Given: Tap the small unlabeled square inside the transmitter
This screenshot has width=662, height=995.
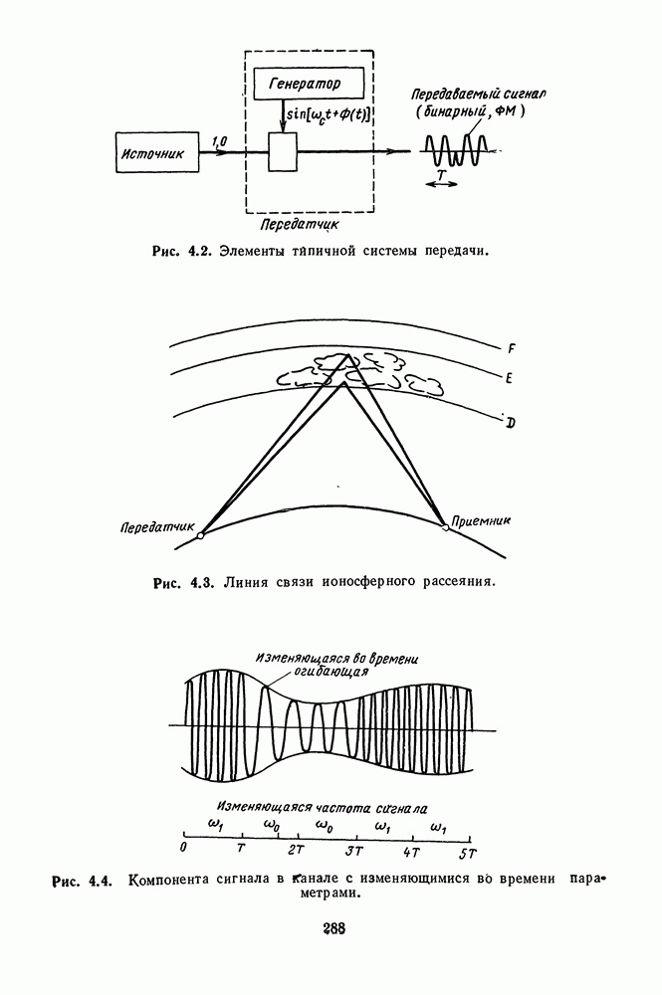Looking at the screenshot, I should [x=285, y=152].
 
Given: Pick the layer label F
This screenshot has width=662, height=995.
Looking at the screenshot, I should [x=512, y=348].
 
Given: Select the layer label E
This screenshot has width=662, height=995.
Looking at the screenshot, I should [x=510, y=380].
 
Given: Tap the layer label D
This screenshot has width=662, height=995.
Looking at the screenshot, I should [x=510, y=424].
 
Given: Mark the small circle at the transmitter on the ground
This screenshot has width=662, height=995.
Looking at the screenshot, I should [x=201, y=535].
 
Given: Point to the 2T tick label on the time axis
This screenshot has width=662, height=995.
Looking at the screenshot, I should [x=296, y=854].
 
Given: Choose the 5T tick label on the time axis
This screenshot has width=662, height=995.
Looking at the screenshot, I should [x=467, y=854].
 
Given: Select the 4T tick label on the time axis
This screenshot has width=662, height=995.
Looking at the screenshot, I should [x=411, y=854].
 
